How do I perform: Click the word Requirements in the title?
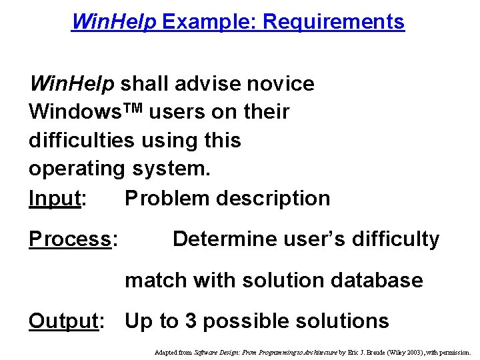click(333, 22)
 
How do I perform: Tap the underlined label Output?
click(63, 321)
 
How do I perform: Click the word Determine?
click(226, 239)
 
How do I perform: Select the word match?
click(157, 280)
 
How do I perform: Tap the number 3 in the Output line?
click(190, 321)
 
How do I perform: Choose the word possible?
click(246, 321)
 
